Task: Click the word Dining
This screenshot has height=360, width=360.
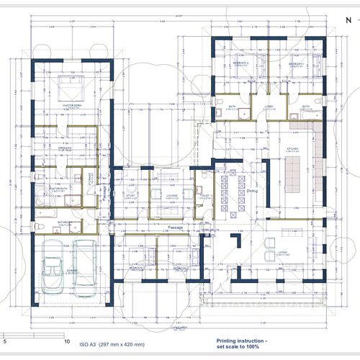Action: (x=252, y=192)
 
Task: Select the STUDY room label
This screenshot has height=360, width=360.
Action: (x=131, y=195)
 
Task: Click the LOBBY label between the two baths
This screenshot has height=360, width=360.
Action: (x=267, y=106)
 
